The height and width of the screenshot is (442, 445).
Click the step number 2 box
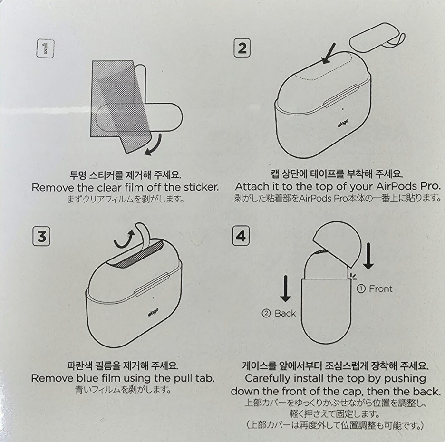242,48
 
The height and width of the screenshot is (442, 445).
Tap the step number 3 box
41,236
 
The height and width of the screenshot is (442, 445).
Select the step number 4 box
241,235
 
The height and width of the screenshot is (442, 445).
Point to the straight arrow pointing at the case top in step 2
329,54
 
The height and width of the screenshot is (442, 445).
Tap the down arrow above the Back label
285,288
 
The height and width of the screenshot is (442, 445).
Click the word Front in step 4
380,289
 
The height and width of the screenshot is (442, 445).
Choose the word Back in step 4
285,314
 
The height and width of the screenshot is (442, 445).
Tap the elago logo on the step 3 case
153,312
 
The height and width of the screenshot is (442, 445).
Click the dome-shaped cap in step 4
338,244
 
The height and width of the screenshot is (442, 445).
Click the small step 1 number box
46,49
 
